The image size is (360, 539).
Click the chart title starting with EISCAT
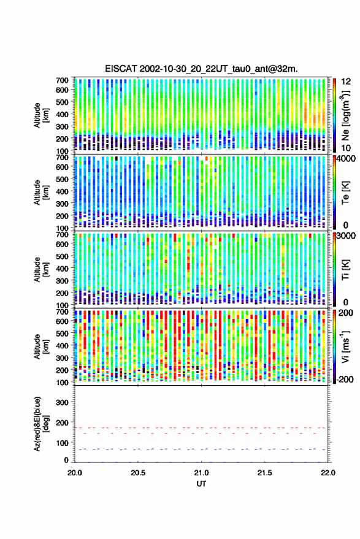(x=201, y=69)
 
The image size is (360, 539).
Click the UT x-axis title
(x=201, y=484)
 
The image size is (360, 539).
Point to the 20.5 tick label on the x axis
(x=138, y=473)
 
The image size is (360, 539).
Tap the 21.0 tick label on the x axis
(x=201, y=473)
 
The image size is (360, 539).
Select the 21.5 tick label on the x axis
(x=264, y=473)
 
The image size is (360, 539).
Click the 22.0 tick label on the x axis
(x=327, y=473)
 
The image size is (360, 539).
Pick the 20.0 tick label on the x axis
(x=75, y=473)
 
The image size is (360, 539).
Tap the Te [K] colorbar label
(x=345, y=193)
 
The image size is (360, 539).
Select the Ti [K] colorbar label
(x=345, y=270)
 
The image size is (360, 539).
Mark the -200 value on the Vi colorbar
(x=345, y=380)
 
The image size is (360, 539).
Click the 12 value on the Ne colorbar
(x=347, y=82)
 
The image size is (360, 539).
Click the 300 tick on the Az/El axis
(x=62, y=402)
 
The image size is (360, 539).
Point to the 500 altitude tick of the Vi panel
(x=62, y=334)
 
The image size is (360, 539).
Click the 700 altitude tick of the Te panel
(x=62, y=158)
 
